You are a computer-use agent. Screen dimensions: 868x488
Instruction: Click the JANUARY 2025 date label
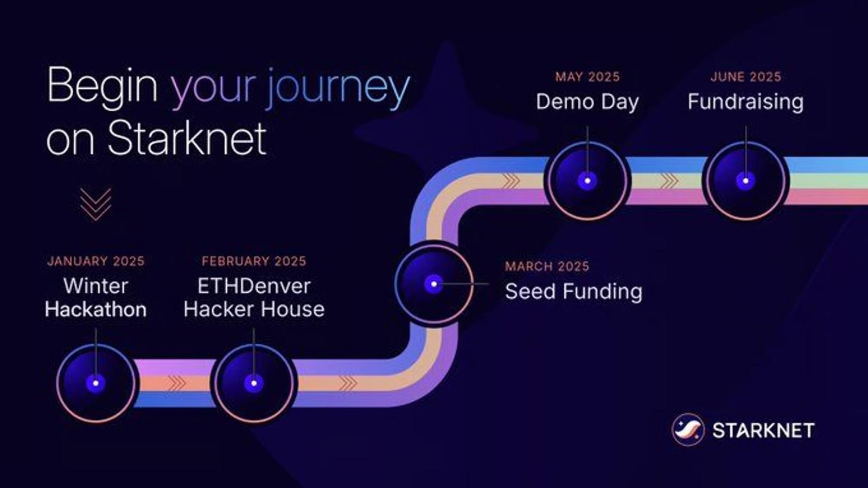95,261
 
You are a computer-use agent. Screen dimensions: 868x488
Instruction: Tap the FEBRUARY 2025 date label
254,261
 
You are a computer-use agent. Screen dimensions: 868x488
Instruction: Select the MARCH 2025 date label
547,266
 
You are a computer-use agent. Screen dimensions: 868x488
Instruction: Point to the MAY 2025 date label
588,76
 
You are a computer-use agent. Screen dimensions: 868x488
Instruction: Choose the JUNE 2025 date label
746,76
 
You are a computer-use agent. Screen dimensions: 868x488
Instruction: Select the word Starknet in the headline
187,138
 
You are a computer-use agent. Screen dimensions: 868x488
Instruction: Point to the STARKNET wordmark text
763,431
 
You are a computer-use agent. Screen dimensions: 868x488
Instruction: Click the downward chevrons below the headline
95,204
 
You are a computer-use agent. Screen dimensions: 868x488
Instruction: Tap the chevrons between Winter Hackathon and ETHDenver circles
177,383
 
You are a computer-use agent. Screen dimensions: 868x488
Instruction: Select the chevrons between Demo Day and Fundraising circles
669,181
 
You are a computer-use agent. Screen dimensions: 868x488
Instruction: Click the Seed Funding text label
573,291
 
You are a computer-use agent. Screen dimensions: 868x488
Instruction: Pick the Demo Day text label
588,102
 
